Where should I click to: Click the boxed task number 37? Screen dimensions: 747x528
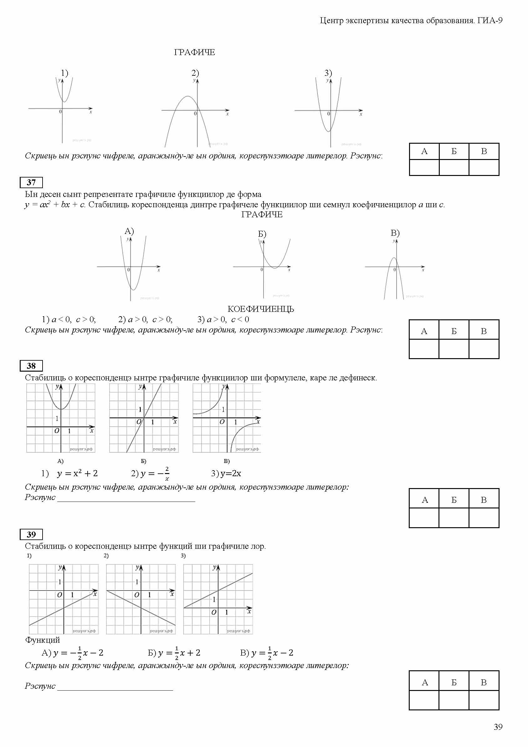(31, 183)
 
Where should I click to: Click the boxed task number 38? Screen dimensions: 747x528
(31, 366)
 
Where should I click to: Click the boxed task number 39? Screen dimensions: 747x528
(31, 534)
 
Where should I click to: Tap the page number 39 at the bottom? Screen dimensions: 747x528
(498, 727)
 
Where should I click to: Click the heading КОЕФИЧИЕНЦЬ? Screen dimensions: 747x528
(261, 309)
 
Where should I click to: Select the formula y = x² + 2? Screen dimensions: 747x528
(77, 473)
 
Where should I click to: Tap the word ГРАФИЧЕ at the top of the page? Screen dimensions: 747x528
(194, 52)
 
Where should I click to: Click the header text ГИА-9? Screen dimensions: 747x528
(490, 20)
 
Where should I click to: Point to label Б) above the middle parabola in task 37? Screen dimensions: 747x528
(262, 234)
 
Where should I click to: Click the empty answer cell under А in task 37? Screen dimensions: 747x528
(423, 349)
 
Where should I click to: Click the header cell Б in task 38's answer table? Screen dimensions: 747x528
(454, 500)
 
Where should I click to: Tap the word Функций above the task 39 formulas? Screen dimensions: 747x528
(43, 640)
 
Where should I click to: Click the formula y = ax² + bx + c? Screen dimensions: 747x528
(55, 205)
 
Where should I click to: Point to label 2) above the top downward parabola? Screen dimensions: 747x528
(195, 73)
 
